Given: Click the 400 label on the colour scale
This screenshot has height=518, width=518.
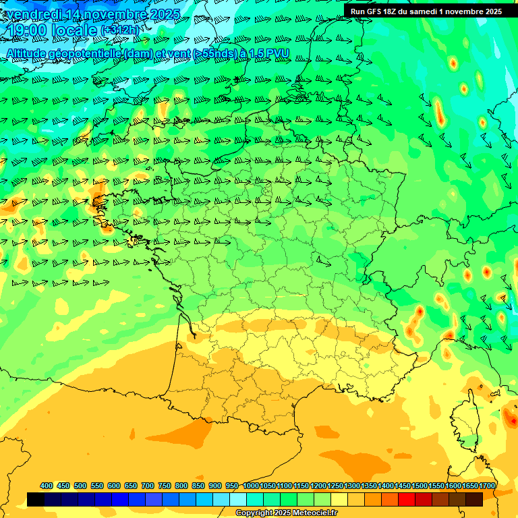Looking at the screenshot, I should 47,486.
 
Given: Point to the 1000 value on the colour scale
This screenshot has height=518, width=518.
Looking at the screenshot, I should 251,486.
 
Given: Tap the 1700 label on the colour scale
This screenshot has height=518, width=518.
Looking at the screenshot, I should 488,486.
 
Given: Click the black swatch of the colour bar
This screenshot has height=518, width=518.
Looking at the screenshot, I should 36,500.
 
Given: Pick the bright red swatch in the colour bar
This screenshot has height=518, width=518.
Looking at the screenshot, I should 407,500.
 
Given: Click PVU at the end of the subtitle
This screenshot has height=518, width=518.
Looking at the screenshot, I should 277,53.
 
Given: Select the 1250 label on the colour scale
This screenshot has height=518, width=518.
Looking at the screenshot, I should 335,486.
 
